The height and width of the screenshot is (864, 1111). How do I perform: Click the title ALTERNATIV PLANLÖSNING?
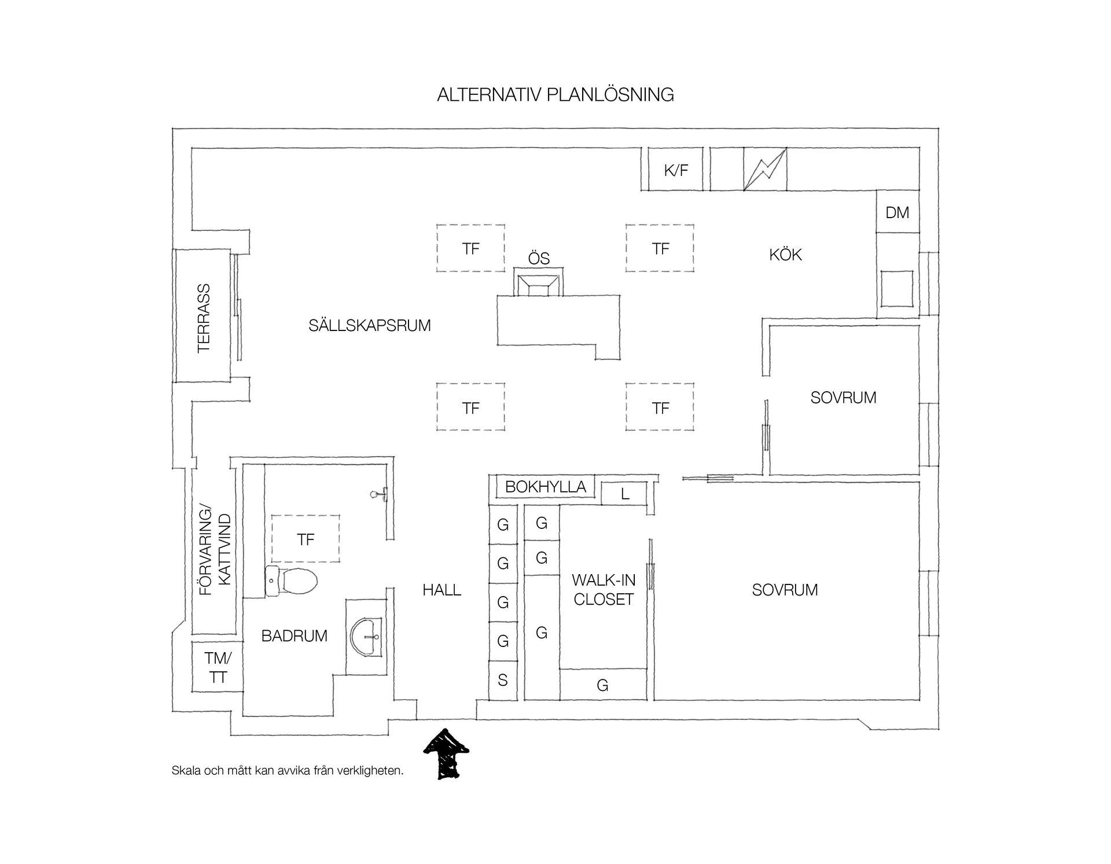point(555,94)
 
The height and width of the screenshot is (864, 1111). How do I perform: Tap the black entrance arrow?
point(446,754)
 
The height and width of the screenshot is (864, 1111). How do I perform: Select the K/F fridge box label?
point(676,171)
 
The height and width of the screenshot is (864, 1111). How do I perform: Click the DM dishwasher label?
point(897,212)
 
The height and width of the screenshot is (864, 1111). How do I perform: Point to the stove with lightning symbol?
point(765,169)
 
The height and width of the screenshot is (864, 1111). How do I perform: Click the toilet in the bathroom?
point(291,580)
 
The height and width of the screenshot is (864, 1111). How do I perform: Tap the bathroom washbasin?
point(366,637)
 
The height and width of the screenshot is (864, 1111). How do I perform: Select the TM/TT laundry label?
point(218,667)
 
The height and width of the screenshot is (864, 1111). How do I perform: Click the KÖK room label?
point(785,255)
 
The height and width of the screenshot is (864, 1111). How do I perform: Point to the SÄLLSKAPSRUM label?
point(370,325)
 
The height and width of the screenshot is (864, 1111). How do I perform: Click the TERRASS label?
point(204,318)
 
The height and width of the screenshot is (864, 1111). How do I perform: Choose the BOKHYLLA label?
point(546,487)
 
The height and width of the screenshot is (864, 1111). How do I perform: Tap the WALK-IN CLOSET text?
point(604,590)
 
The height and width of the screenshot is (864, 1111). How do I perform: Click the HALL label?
point(442,590)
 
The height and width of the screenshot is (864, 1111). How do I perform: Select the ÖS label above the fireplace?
point(539,259)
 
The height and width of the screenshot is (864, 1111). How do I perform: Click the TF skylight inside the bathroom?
point(306,539)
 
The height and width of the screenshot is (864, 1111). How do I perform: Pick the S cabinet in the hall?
point(503,680)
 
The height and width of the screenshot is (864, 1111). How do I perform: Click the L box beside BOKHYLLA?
point(624,494)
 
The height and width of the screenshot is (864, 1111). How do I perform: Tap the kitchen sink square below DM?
point(897,288)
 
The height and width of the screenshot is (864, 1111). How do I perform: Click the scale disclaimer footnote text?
point(288,771)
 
